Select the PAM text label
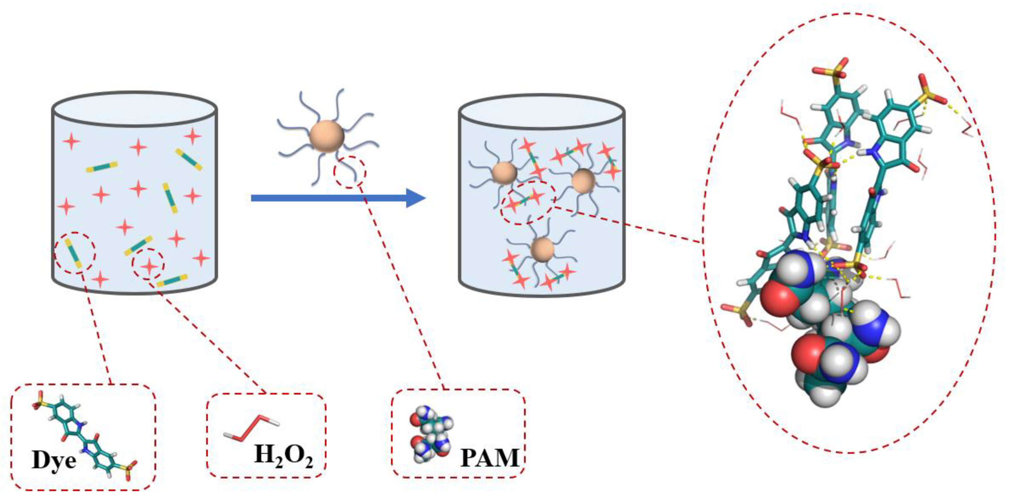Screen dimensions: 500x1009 coord(489,458)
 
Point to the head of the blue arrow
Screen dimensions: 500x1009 coord(416,198)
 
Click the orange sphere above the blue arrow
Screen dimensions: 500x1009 coord(327,136)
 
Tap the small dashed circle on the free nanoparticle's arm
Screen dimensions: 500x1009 coord(350,172)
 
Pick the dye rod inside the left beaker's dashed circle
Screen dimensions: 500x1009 coord(73,253)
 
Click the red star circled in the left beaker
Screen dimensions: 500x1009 coord(149,266)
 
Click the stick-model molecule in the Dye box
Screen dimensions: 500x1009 coord(84,435)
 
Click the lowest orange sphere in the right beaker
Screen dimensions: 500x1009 coord(543,249)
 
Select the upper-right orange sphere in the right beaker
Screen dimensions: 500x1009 coord(583,181)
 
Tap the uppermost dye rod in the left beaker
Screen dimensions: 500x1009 coord(189,159)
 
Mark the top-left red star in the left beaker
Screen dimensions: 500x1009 coord(72,141)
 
